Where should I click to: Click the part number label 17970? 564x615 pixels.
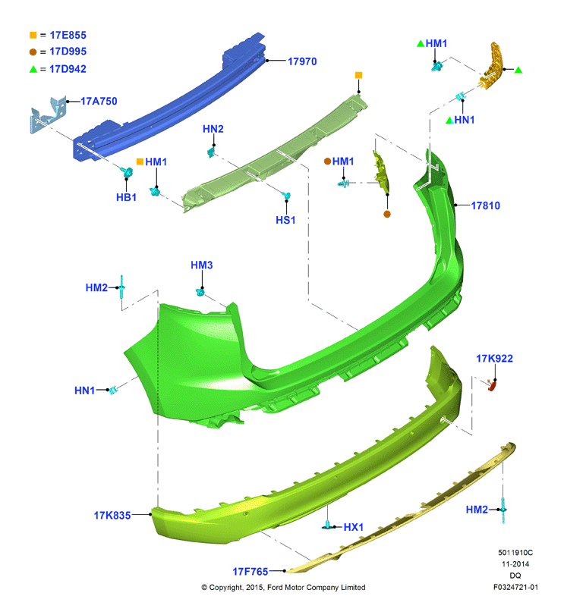point(302,61)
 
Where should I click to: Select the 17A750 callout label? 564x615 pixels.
point(99,101)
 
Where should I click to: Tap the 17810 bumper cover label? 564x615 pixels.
point(486,206)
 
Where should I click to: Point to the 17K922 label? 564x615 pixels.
point(494,359)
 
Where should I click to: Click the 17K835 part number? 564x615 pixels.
point(112,516)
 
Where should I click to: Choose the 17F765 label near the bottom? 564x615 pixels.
point(250,572)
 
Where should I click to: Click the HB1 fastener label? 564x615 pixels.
point(126,197)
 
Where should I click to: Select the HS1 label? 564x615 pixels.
point(285,220)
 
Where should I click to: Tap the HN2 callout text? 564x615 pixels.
point(213,129)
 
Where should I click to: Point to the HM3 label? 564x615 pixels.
point(202,265)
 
